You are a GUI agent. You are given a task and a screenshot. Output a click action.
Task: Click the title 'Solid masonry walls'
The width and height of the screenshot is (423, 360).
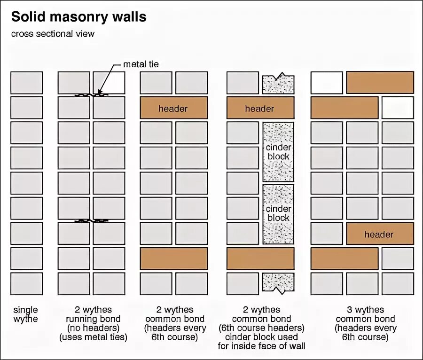pyautogui.click(x=79, y=17)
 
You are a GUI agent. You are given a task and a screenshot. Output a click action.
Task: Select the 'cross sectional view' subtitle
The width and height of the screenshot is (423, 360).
pyautogui.click(x=53, y=34)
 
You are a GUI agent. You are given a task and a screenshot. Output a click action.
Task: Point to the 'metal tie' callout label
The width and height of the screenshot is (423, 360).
pyautogui.click(x=141, y=64)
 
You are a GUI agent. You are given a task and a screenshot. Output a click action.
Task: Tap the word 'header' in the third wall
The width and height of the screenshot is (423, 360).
pyautogui.click(x=173, y=109)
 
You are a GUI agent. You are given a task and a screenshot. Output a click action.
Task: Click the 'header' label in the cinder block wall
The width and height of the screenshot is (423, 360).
pyautogui.click(x=259, y=109)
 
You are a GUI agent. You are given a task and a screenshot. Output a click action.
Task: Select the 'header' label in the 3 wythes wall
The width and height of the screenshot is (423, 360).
pyautogui.click(x=379, y=234)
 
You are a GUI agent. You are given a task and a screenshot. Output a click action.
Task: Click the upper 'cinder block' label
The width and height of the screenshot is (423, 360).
pyautogui.click(x=278, y=152)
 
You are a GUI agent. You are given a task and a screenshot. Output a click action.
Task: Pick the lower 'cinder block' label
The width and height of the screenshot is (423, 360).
pyautogui.click(x=278, y=213)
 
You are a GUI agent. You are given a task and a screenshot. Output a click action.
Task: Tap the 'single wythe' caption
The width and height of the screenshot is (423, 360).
pyautogui.click(x=26, y=314)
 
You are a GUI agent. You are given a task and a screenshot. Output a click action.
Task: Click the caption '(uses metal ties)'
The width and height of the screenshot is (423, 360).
pyautogui.click(x=94, y=337)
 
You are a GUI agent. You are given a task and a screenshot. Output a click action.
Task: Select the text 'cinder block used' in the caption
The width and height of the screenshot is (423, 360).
pyautogui.click(x=261, y=337)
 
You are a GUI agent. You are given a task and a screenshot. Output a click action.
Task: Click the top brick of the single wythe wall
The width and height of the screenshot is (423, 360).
pyautogui.click(x=26, y=83)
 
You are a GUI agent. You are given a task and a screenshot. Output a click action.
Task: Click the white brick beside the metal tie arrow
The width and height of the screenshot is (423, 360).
pyautogui.click(x=109, y=83)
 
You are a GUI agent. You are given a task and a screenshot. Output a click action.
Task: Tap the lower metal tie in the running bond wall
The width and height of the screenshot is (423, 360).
pyautogui.click(x=92, y=220)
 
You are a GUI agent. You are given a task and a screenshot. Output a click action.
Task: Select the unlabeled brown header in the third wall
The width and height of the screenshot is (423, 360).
pyautogui.click(x=173, y=258)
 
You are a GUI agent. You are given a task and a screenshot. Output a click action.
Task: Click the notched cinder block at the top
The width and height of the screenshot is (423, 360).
pyautogui.click(x=278, y=83)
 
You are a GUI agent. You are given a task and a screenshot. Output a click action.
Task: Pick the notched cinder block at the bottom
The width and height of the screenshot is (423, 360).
pyautogui.click(x=278, y=283)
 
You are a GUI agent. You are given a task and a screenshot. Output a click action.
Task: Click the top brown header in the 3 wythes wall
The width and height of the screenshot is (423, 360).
pyautogui.click(x=380, y=83)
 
